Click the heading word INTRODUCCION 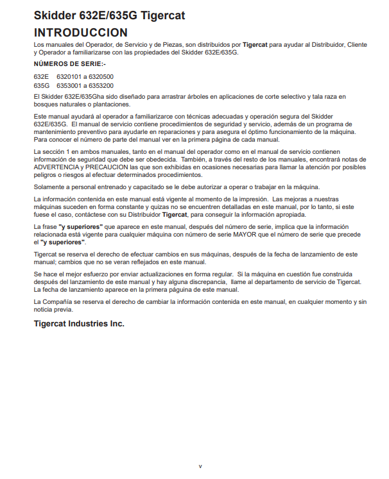[x=80, y=31]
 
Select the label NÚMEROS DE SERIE [x=70, y=65]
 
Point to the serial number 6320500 [x=101, y=77]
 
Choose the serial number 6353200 [x=101, y=85]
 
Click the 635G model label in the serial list [x=42, y=85]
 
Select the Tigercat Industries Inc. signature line [x=79, y=324]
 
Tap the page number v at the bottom [x=200, y=466]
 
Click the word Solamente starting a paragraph [x=49, y=187]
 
